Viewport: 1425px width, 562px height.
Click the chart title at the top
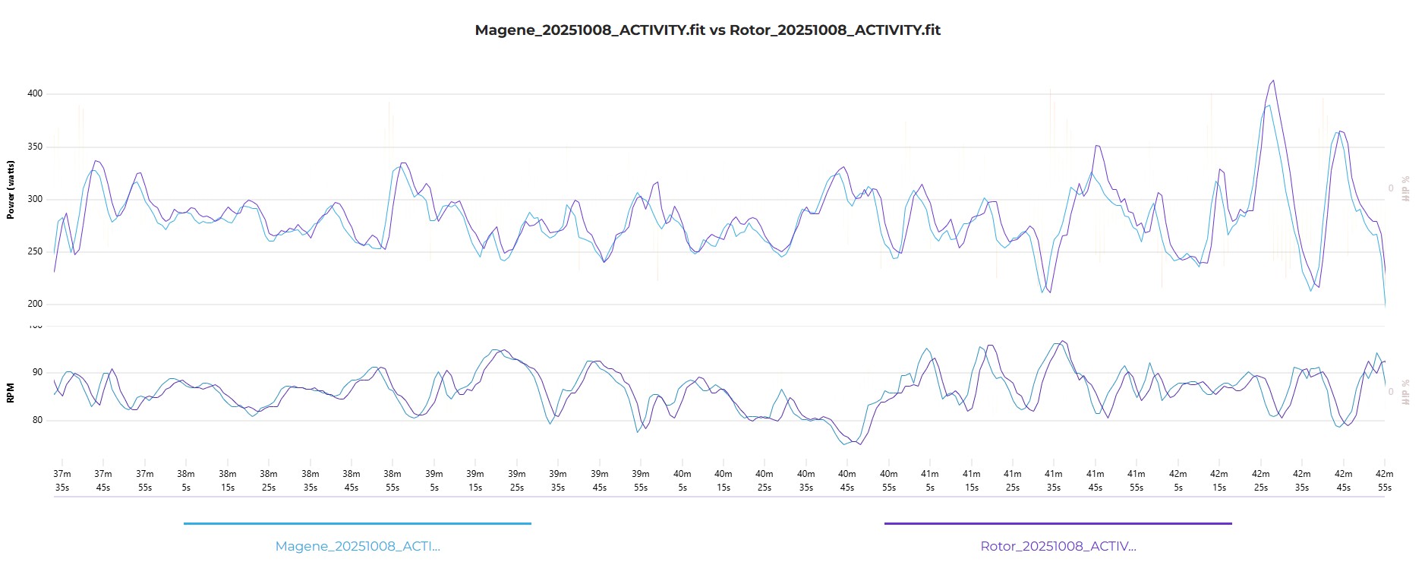(x=708, y=30)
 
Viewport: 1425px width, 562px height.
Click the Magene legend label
(x=358, y=546)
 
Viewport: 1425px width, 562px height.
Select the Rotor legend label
(x=1058, y=546)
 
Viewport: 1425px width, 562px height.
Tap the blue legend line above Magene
(x=358, y=523)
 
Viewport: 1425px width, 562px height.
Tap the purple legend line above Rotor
(x=1058, y=523)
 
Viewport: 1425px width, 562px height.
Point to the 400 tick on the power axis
(x=35, y=94)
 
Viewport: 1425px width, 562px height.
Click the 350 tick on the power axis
(x=35, y=147)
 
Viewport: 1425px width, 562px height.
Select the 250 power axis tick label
(x=35, y=252)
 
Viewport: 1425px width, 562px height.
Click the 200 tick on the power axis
(x=35, y=305)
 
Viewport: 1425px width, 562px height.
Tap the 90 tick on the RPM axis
(x=38, y=373)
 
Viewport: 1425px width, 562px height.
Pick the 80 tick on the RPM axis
(x=38, y=421)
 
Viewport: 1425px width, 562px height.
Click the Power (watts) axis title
(x=11, y=190)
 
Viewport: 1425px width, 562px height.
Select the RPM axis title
(x=11, y=393)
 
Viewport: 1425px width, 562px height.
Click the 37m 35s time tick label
(x=62, y=481)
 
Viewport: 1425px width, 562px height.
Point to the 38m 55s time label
(x=393, y=481)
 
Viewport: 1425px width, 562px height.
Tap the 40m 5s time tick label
(x=682, y=481)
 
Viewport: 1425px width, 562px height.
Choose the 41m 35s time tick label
(x=1054, y=481)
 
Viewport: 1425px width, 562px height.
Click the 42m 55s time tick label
(x=1385, y=481)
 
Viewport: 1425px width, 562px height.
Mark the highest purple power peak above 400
(x=1273, y=81)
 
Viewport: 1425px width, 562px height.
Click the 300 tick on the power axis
(x=35, y=200)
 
